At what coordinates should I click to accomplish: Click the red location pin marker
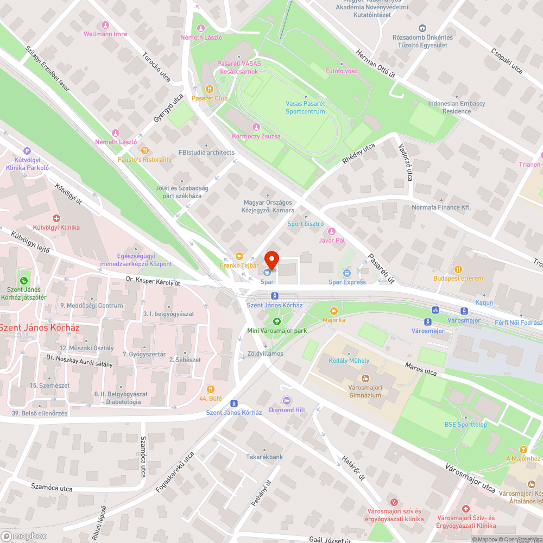pos(271,261)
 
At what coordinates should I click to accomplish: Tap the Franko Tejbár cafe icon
pos(239,256)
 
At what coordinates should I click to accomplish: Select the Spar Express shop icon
pos(347,273)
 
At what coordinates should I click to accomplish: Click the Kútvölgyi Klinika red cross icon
pos(56,218)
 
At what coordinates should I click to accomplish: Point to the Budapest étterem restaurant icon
pos(458,269)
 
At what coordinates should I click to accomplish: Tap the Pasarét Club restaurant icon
pos(209,89)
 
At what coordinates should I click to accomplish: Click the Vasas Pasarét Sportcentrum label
pos(305,108)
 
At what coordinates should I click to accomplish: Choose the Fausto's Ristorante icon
pos(144,150)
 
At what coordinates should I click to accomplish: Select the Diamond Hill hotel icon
pos(287,401)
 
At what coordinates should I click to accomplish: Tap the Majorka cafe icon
pos(333,311)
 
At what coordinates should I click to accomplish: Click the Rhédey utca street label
pos(358,154)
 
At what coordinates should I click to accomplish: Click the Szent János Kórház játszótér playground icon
pos(23,281)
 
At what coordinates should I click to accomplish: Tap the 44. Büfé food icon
pos(210,389)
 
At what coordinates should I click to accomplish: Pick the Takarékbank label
pos(264,457)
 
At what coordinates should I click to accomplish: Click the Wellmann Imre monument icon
pos(105,25)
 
